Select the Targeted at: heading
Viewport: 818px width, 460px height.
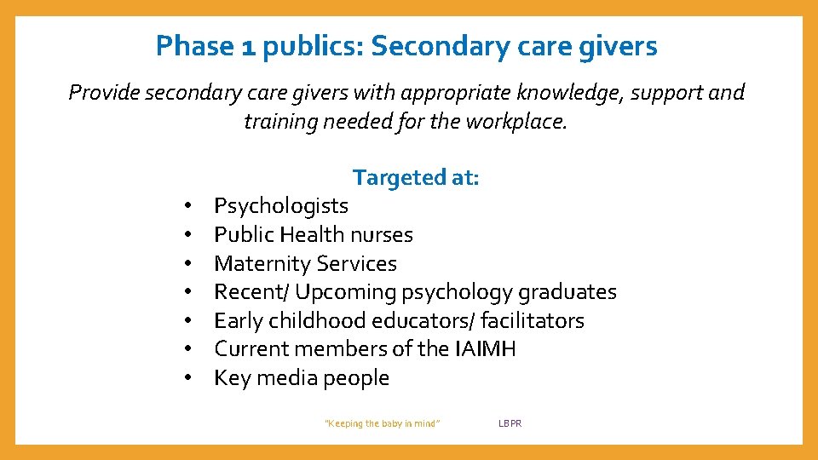click(x=416, y=177)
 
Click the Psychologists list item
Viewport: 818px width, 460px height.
click(x=281, y=206)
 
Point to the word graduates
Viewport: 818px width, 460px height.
click(x=566, y=292)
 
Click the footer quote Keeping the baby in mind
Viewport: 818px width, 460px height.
click(x=383, y=423)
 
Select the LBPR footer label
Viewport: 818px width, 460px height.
click(x=510, y=423)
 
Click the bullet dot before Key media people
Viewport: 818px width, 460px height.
click(x=185, y=378)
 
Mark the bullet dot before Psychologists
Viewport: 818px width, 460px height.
click(x=185, y=206)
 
